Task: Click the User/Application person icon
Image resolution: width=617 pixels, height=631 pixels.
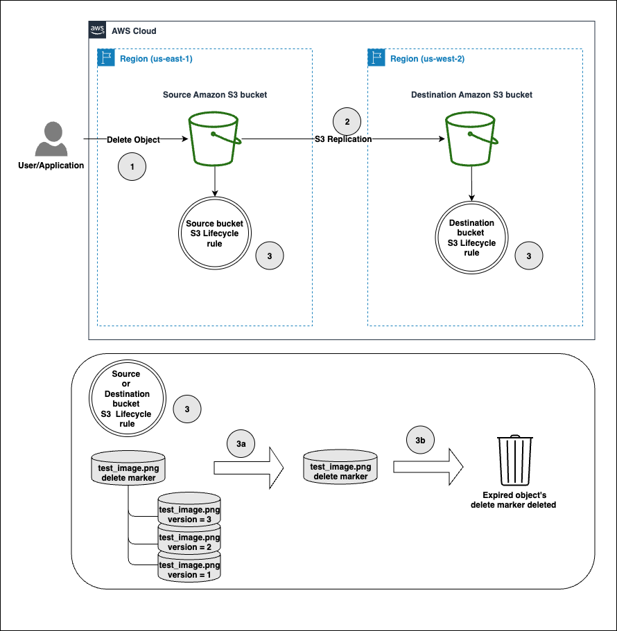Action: point(51,139)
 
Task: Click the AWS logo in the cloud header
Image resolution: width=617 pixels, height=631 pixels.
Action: point(97,30)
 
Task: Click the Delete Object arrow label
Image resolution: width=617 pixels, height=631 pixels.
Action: point(133,139)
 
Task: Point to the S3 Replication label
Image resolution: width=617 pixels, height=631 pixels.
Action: point(343,139)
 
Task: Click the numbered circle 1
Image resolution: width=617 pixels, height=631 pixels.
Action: point(132,167)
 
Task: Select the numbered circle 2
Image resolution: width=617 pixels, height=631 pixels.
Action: point(347,121)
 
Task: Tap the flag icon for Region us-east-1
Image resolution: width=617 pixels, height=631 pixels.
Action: point(107,58)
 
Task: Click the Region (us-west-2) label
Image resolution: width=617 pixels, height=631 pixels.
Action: point(427,59)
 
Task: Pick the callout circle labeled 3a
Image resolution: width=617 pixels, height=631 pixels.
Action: point(241,442)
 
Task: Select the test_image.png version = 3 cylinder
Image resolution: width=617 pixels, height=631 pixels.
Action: point(189,509)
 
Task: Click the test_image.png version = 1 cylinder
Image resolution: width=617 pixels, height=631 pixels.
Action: point(189,567)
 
